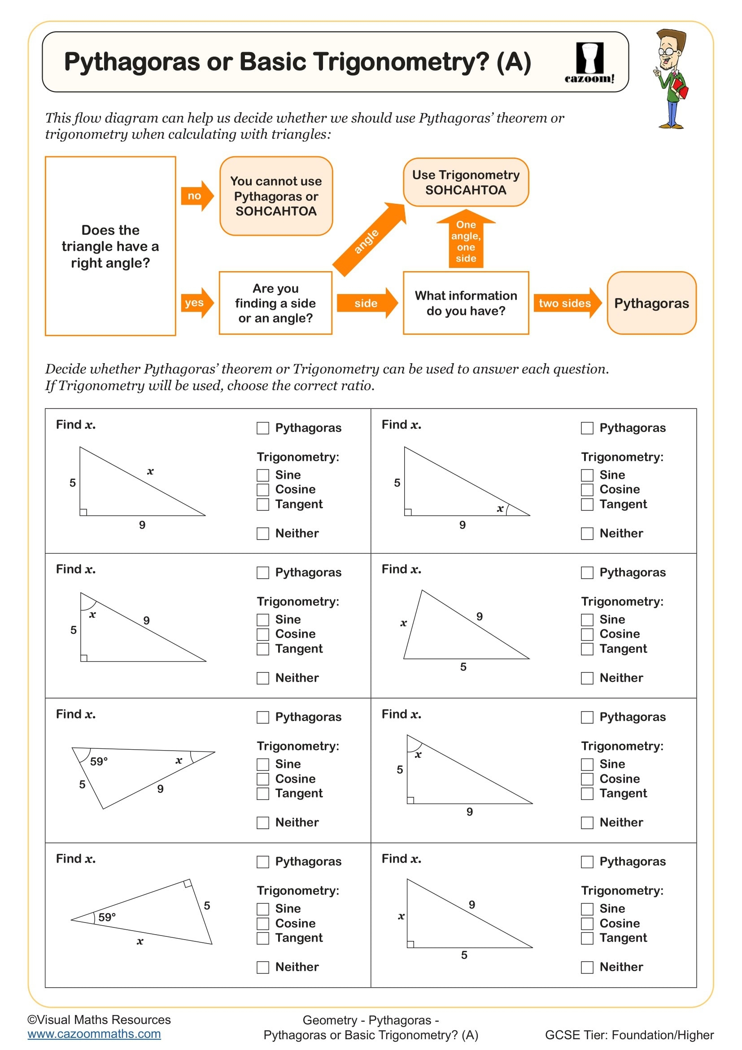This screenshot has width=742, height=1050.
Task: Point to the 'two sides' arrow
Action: (x=567, y=303)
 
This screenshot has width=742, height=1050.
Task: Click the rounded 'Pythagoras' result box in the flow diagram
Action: (x=651, y=303)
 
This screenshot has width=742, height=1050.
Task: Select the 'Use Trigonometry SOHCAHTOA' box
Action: (x=466, y=182)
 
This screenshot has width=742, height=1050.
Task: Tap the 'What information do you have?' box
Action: (x=466, y=303)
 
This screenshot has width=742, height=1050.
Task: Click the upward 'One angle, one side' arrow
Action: (x=466, y=240)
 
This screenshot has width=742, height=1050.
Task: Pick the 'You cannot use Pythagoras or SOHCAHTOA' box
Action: (x=276, y=196)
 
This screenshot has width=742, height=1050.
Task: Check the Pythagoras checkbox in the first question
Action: (x=263, y=428)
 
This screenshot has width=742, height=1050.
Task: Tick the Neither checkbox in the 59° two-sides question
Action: (x=263, y=823)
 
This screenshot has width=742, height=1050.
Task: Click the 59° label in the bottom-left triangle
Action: (x=107, y=917)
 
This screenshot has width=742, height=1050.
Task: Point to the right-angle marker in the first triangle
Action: (x=83, y=512)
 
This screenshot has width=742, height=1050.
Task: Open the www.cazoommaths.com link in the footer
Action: (x=94, y=1034)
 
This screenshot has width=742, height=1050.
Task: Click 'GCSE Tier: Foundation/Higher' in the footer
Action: (x=629, y=1035)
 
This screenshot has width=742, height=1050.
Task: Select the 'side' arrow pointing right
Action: (x=367, y=303)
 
